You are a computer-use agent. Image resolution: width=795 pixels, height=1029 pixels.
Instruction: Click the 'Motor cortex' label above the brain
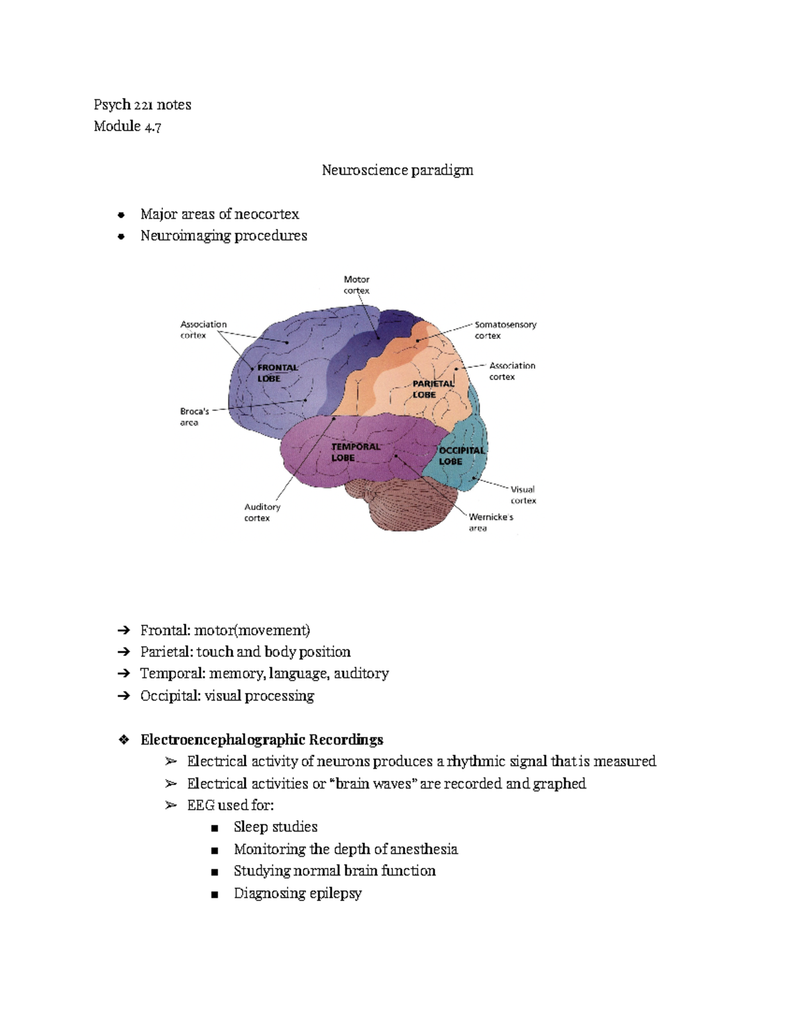(x=356, y=285)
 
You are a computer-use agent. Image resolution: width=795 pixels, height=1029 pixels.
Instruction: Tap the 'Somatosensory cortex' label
(x=505, y=330)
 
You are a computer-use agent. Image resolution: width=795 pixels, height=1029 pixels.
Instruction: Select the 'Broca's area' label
(x=194, y=417)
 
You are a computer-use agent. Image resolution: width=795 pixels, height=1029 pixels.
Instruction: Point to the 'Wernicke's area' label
(x=490, y=522)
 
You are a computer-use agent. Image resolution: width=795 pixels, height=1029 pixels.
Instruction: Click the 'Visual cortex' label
(x=523, y=495)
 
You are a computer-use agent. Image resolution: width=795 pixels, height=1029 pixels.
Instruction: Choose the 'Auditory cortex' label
(x=262, y=512)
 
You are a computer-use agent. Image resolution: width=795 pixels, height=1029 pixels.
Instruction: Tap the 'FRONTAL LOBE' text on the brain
(x=278, y=373)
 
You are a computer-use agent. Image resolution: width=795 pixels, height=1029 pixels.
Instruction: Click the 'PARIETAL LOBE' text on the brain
(x=433, y=389)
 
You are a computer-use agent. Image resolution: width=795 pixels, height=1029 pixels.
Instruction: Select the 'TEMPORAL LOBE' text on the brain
(x=356, y=452)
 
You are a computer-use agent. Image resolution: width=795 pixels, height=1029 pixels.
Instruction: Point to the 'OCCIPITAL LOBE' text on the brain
(x=461, y=456)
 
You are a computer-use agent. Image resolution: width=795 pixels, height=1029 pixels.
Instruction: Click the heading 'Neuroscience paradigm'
(x=397, y=170)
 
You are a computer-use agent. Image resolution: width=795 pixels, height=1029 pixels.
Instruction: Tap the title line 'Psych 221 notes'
(x=142, y=105)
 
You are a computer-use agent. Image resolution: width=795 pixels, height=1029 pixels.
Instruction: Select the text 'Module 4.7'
(x=127, y=127)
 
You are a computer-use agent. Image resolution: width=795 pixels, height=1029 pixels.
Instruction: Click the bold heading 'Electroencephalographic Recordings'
(x=262, y=739)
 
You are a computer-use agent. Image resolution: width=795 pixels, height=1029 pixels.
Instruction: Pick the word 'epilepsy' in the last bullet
(x=335, y=893)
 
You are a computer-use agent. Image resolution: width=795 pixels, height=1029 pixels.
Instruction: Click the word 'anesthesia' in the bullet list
(x=424, y=849)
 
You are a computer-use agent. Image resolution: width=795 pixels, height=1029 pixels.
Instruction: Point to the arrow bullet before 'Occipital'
(x=123, y=696)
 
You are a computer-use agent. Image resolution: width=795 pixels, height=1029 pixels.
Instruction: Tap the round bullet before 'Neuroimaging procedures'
(x=121, y=237)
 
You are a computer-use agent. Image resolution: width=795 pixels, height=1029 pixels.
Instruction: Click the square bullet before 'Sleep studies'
(x=214, y=828)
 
